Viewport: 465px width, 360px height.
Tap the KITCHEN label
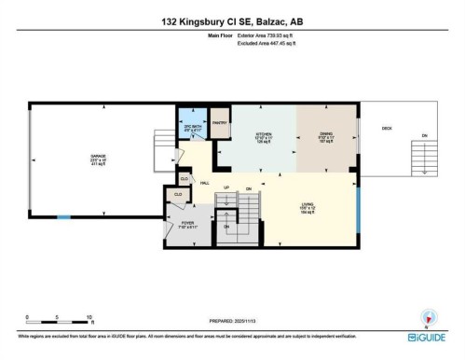pos(265,135)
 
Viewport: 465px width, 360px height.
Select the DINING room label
pos(326,135)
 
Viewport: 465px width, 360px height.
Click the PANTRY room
pos(220,123)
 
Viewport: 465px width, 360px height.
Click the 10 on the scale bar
pos(89,317)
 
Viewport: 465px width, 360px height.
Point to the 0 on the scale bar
pos(28,317)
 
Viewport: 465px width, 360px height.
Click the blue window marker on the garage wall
pos(63,217)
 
